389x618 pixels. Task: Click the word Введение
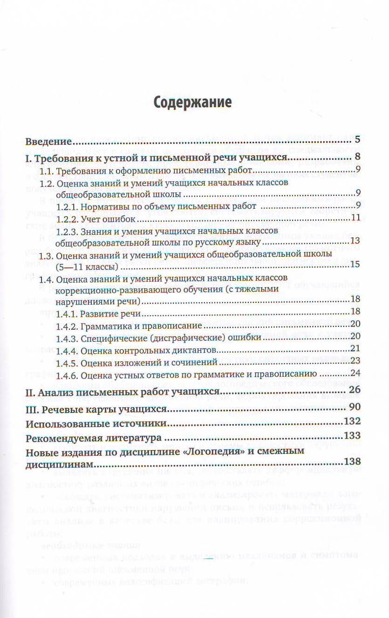(x=48, y=141)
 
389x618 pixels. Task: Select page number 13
(x=356, y=241)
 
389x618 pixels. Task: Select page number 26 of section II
(x=355, y=390)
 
